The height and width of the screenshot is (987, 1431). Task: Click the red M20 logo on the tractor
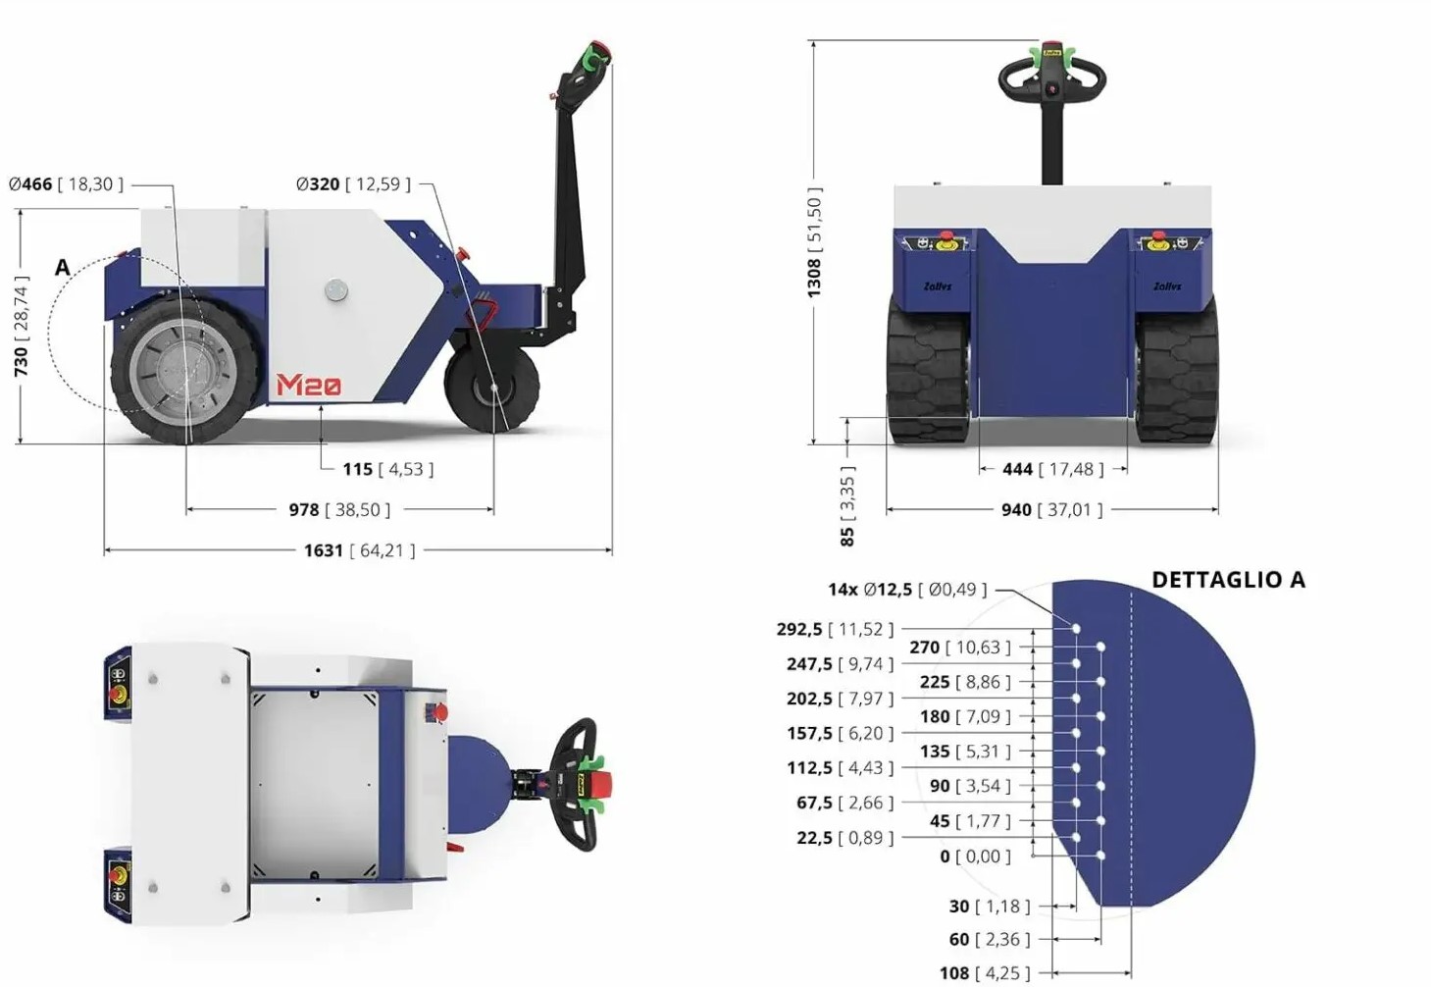pyautogui.click(x=309, y=384)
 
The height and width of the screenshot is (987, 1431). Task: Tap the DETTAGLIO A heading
pyautogui.click(x=1228, y=580)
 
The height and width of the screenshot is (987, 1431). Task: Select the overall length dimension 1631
pyautogui.click(x=324, y=550)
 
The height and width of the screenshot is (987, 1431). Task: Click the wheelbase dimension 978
pyautogui.click(x=303, y=510)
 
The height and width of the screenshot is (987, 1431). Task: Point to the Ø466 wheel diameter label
pyautogui.click(x=30, y=184)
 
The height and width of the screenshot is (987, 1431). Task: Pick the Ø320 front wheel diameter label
pyautogui.click(x=318, y=184)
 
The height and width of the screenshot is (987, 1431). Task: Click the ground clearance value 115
pyautogui.click(x=357, y=470)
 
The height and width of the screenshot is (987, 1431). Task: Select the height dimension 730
pyautogui.click(x=21, y=361)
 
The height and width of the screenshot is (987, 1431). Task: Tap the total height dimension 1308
pyautogui.click(x=814, y=278)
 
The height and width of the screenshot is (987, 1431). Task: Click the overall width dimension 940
pyautogui.click(x=1016, y=510)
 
